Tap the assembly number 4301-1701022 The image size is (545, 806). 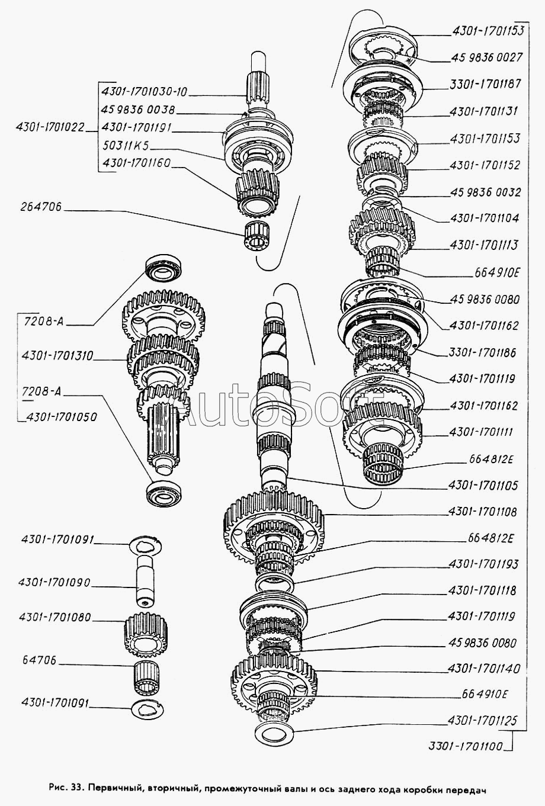50,127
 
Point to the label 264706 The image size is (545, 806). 41,207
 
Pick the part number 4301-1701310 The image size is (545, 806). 57,356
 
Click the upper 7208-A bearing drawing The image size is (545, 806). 165,268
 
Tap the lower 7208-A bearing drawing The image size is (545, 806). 164,492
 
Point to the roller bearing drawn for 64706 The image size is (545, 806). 146,676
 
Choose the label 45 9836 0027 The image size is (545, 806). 486,57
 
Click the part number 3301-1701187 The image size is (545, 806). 485,84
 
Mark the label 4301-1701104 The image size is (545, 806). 485,218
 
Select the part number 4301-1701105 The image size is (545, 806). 483,486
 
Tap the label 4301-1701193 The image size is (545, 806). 483,564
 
